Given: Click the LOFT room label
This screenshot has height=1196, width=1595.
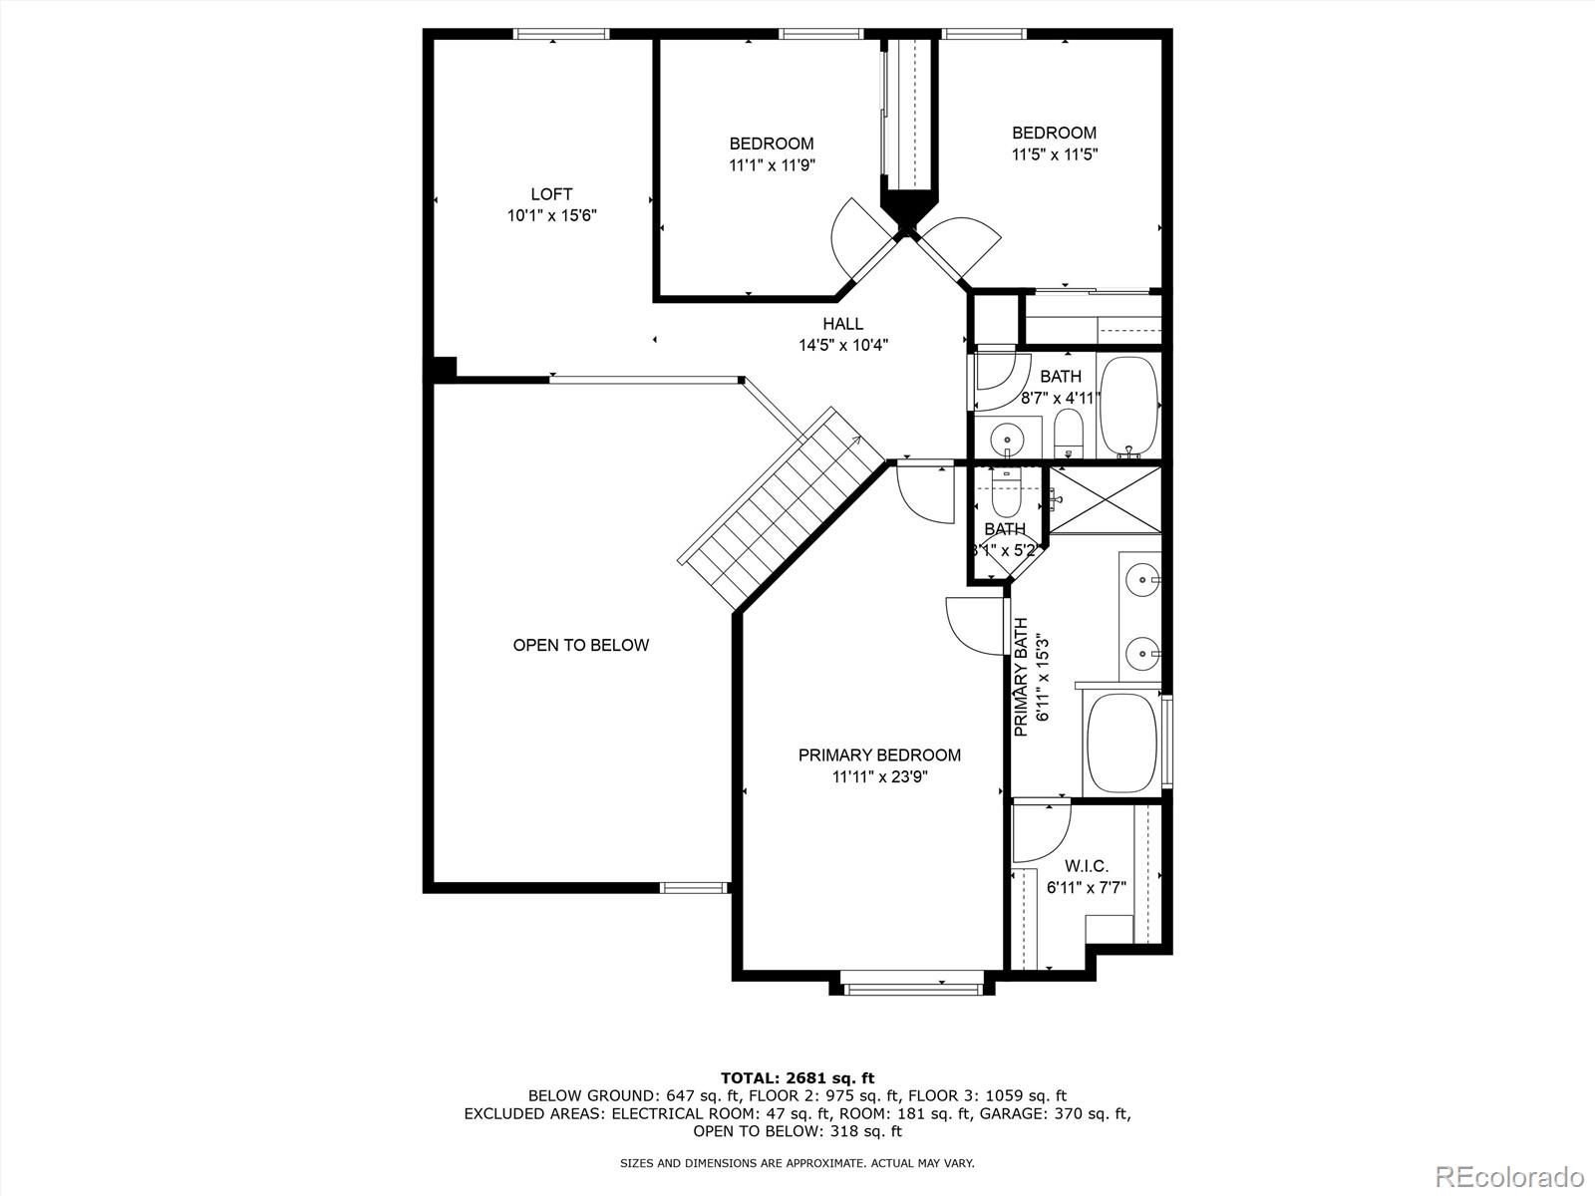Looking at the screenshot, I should tap(551, 194).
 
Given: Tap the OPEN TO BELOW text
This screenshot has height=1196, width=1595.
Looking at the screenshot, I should tap(580, 645).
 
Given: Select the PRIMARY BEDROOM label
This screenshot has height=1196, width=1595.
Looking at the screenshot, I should tap(879, 755).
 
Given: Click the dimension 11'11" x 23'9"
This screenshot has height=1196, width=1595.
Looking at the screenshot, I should tap(879, 777).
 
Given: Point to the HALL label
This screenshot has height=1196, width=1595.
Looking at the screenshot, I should tap(842, 324).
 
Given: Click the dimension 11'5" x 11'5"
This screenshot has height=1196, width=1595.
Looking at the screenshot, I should tap(1055, 154).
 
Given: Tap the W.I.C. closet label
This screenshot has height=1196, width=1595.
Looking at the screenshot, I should tap(1086, 866).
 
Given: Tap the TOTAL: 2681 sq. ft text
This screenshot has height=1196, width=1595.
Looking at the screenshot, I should tap(797, 1077).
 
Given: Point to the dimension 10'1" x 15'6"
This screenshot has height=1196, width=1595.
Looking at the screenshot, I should tap(551, 215).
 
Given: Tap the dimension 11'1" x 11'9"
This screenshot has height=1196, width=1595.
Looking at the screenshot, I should tap(772, 165).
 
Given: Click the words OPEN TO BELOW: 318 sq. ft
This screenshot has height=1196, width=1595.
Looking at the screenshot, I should tap(797, 1131).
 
